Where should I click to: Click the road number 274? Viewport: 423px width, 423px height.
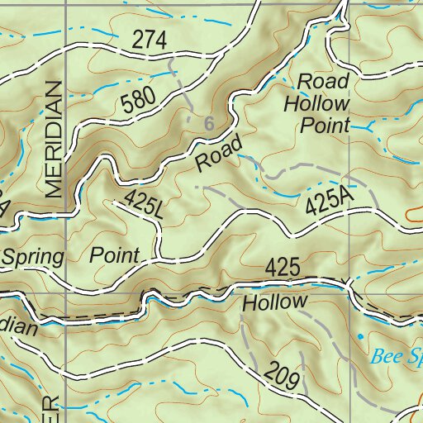point(149,40)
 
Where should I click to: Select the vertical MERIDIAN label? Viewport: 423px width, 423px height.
point(55,140)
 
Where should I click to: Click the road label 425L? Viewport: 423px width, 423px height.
point(145,204)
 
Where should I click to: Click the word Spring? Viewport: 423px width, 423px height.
point(32,255)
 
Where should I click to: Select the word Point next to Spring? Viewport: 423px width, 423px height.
point(115,254)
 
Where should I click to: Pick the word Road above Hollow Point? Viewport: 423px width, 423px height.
point(323,82)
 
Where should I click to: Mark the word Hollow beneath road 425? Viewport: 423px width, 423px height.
point(274,302)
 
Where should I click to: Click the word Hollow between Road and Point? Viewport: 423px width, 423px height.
point(316,103)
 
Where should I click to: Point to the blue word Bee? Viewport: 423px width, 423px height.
point(386,357)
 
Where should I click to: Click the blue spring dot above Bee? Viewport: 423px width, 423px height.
point(360,336)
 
